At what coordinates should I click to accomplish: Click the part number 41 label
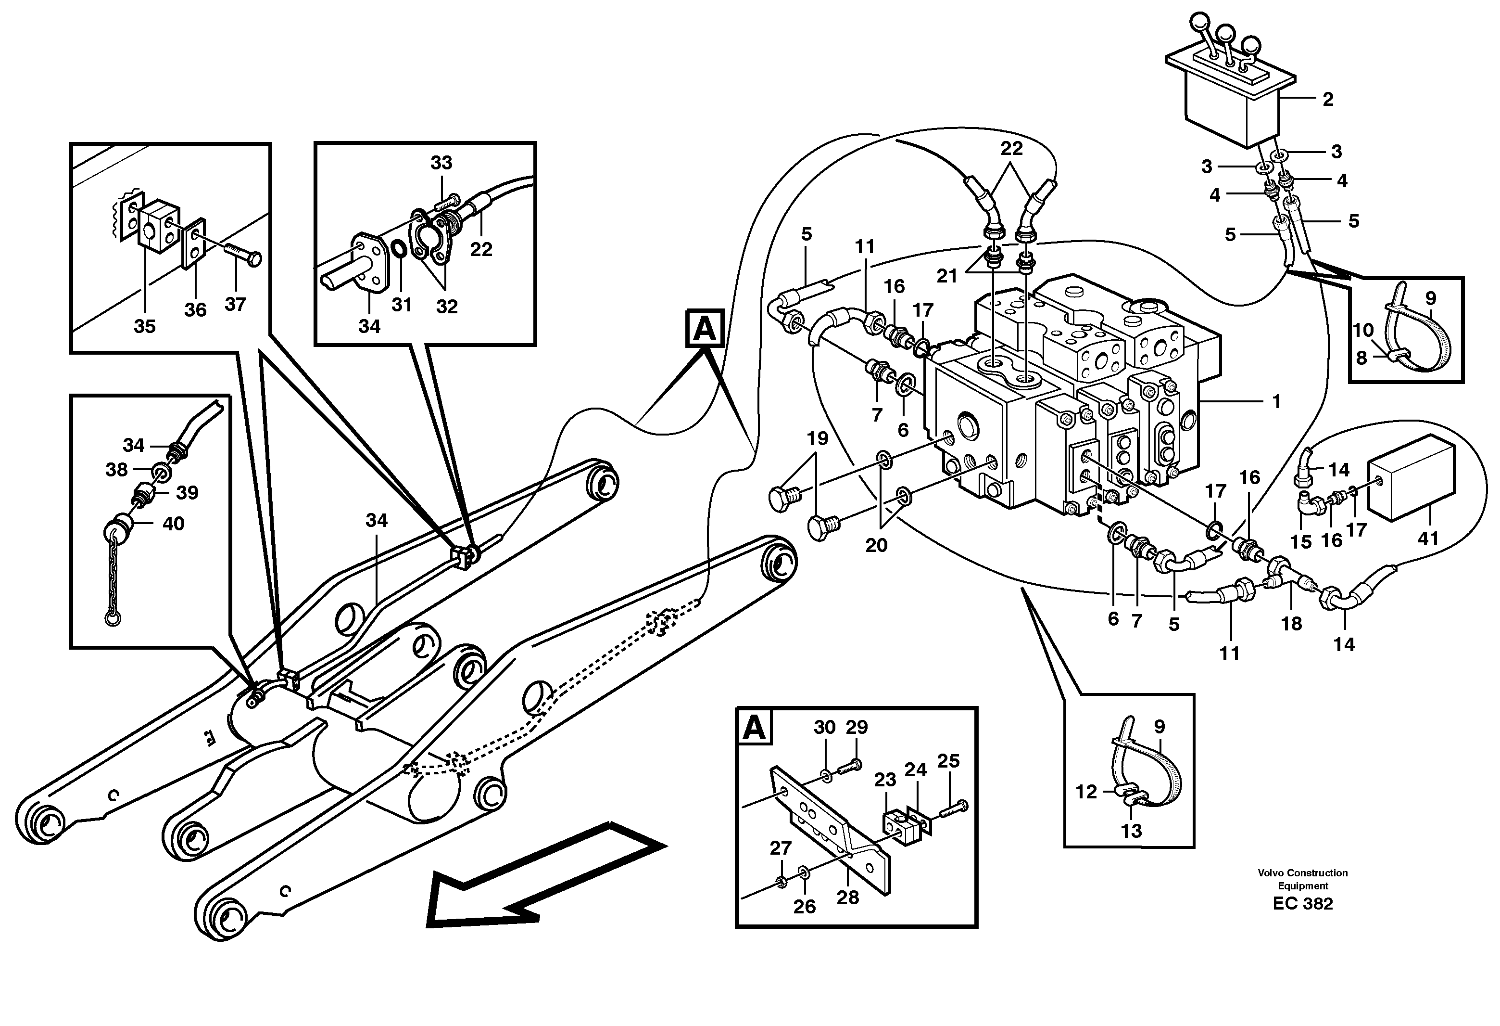point(1428,538)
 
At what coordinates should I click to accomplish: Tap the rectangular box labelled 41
point(1410,477)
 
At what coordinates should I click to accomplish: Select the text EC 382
point(1302,903)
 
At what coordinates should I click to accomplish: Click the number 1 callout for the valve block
point(1275,402)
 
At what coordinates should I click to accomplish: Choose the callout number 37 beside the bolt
point(235,304)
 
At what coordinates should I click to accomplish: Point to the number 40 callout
point(173,524)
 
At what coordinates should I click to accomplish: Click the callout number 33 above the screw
point(441,163)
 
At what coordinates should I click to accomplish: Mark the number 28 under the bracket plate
point(847,898)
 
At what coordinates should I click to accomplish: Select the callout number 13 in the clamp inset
point(1131,831)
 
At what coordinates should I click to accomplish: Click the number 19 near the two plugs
point(817,438)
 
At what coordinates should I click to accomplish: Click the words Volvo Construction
point(1302,873)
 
